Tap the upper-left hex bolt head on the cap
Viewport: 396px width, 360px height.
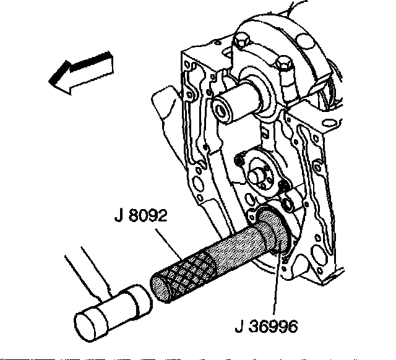pyautogui.click(x=241, y=43)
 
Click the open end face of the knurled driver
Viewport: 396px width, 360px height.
pyautogui.click(x=163, y=291)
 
